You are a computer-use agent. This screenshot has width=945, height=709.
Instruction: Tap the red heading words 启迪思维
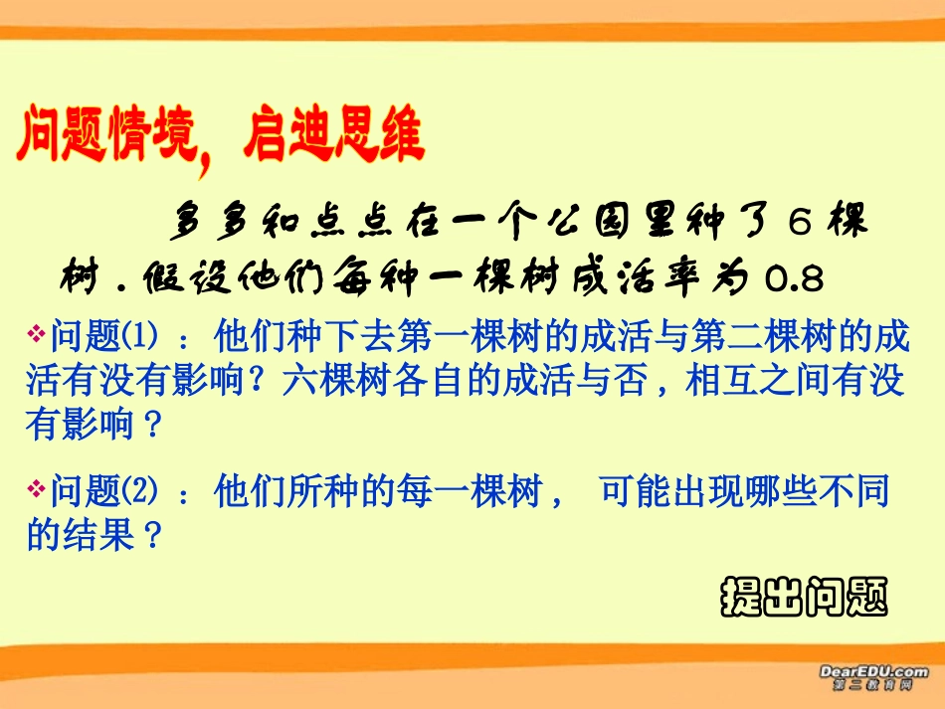click(x=333, y=135)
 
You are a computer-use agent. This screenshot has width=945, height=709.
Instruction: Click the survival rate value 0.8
click(x=795, y=280)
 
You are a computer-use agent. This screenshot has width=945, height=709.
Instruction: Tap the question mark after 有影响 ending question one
click(x=151, y=427)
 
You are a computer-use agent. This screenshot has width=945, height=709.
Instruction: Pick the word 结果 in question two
click(x=97, y=537)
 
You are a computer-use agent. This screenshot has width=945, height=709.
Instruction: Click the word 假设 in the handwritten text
click(x=200, y=280)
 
